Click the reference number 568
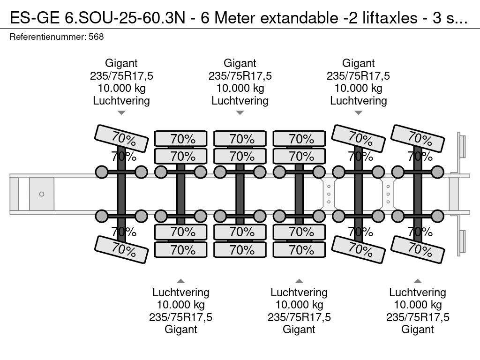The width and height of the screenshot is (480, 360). click(96, 37)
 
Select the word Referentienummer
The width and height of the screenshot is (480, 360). click(48, 37)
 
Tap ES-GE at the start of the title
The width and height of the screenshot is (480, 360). click(35, 18)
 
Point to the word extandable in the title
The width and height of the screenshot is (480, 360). click(299, 18)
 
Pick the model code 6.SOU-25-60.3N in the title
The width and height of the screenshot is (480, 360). click(125, 18)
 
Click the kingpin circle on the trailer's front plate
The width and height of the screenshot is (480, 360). click(42, 194)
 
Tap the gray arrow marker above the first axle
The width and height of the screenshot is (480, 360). click(121, 112)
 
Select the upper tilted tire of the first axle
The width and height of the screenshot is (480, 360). click(121, 138)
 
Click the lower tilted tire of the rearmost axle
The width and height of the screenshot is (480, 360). click(418, 249)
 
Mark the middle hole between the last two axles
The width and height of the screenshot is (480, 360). click(388, 194)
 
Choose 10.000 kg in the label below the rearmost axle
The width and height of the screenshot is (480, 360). click(418, 305)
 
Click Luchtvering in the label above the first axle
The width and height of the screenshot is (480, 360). click(121, 101)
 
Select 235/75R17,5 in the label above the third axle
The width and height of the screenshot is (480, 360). click(240, 75)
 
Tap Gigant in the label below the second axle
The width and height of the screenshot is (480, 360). click(180, 330)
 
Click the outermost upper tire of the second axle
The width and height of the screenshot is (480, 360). click(180, 139)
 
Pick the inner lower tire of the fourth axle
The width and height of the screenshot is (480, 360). click(299, 232)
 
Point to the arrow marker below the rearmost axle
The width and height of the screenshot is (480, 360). click(418, 281)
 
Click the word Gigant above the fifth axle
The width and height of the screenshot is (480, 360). click(358, 63)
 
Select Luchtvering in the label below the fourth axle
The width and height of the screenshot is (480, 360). click(299, 292)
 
